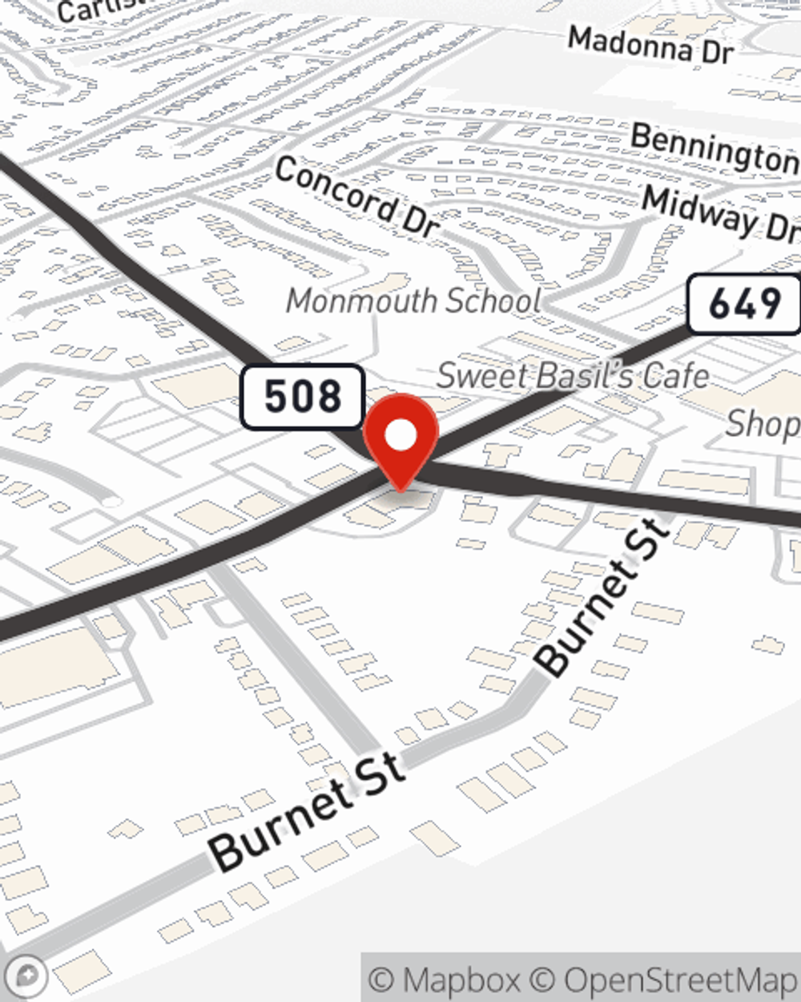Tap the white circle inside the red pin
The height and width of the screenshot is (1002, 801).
pyautogui.click(x=401, y=435)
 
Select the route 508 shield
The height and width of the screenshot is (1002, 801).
pyautogui.click(x=303, y=396)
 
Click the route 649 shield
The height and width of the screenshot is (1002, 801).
pyautogui.click(x=744, y=304)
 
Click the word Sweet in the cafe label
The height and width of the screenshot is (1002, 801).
pyautogui.click(x=473, y=374)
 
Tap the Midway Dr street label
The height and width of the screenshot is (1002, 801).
pyautogui.click(x=721, y=214)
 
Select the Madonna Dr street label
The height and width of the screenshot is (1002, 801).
pyautogui.click(x=650, y=45)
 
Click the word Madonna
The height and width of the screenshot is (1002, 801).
pyautogui.click(x=630, y=42)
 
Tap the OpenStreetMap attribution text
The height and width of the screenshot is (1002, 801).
pyautogui.click(x=680, y=980)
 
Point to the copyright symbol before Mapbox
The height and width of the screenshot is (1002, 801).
pyautogui.click(x=382, y=980)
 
